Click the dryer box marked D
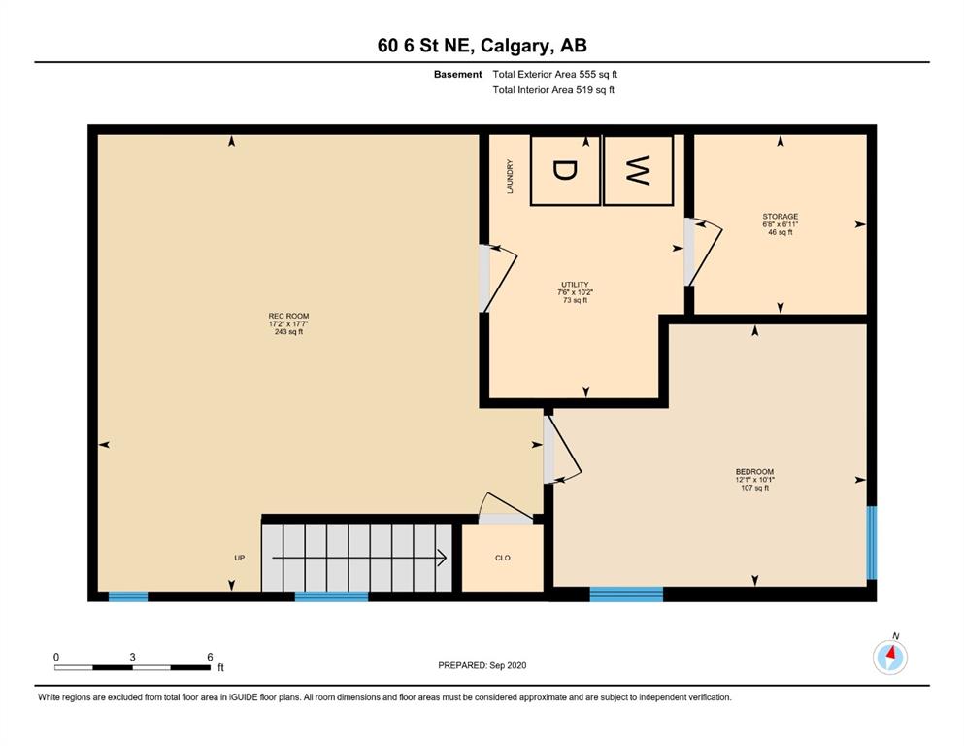(x=565, y=170)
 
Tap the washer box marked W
(x=638, y=170)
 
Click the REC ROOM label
(x=288, y=316)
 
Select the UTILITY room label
(x=575, y=285)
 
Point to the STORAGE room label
(x=781, y=217)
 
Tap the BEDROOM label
(x=754, y=472)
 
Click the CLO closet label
(x=502, y=558)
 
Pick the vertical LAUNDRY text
(x=510, y=177)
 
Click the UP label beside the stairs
(x=239, y=558)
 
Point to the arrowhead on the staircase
(x=442, y=558)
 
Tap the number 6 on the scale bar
(x=210, y=657)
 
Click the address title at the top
(x=482, y=45)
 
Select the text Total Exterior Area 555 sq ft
(x=554, y=75)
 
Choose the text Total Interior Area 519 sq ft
(x=553, y=89)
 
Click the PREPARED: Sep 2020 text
(x=482, y=665)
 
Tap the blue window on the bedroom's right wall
(x=871, y=542)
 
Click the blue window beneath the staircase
(x=331, y=596)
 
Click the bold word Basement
(x=457, y=75)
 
